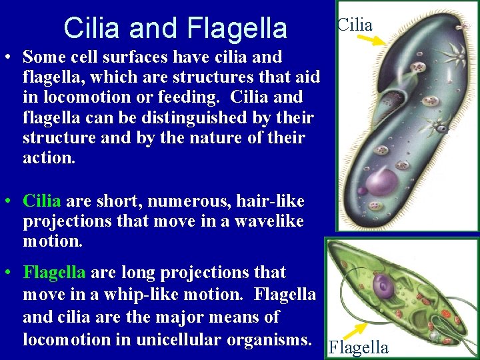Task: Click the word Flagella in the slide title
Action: [237, 28]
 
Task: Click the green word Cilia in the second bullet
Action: [42, 200]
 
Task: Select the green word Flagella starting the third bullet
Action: [55, 272]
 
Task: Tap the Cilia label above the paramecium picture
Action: [355, 25]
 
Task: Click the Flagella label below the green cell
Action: [359, 347]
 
